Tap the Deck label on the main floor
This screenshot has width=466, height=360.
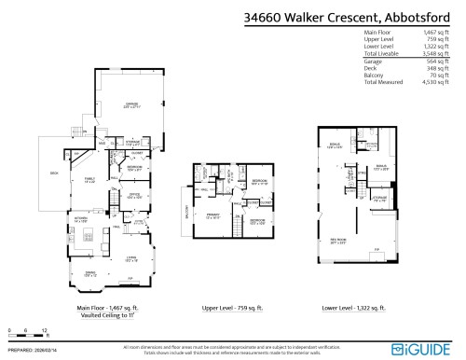(x=54, y=173)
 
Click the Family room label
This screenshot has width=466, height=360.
(x=90, y=180)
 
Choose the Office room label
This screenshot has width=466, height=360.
(x=132, y=196)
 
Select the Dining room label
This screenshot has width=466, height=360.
(x=90, y=273)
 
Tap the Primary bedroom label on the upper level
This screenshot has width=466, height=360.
(x=213, y=215)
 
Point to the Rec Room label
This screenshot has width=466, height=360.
(x=338, y=240)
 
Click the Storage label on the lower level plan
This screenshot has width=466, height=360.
(x=379, y=198)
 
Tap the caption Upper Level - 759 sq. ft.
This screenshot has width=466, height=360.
(x=233, y=307)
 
